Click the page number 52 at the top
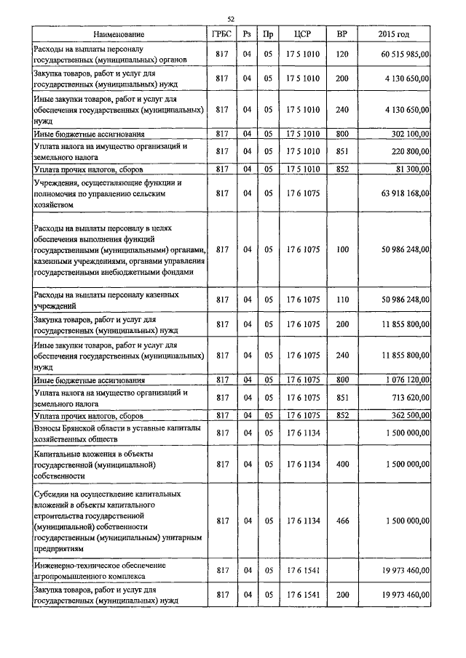[231, 20]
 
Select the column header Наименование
[119, 34]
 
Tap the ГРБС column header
[223, 34]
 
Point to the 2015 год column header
[394, 34]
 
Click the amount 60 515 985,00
[405, 55]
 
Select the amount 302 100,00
[412, 134]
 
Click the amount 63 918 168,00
[405, 194]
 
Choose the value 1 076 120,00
[408, 380]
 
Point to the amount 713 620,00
[412, 398]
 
